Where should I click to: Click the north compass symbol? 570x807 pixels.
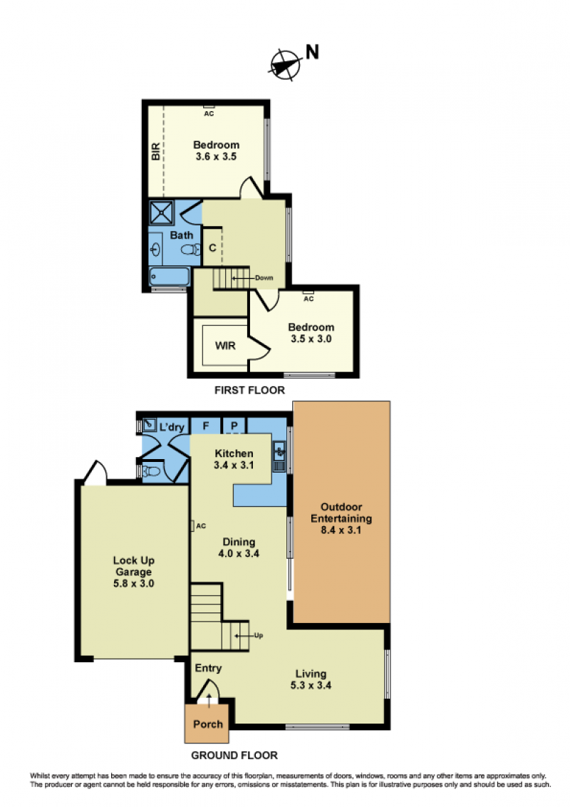click(286, 64)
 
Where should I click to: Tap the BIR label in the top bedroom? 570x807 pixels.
click(155, 151)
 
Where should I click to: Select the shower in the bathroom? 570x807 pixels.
click(162, 212)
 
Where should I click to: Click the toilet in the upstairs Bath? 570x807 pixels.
click(191, 250)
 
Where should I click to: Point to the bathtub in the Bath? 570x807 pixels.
click(170, 277)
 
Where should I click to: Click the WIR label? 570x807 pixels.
click(225, 346)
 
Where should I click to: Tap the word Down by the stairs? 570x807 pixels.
click(264, 278)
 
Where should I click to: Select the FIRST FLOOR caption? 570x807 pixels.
click(249, 390)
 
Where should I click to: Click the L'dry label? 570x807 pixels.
click(172, 427)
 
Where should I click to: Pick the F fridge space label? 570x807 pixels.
click(206, 426)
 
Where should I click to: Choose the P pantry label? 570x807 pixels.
click(234, 426)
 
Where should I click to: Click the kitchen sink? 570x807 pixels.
click(279, 451)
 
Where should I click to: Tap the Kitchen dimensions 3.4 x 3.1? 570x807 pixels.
click(234, 466)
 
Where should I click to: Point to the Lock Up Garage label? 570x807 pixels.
click(134, 566)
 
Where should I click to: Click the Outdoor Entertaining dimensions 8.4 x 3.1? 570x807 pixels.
click(341, 530)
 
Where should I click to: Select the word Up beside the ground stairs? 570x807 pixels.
click(258, 636)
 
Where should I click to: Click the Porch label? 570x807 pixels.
click(208, 724)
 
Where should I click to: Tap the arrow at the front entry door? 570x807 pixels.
click(209, 701)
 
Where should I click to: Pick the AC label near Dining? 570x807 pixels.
click(201, 526)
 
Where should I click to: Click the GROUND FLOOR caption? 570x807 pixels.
click(234, 756)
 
